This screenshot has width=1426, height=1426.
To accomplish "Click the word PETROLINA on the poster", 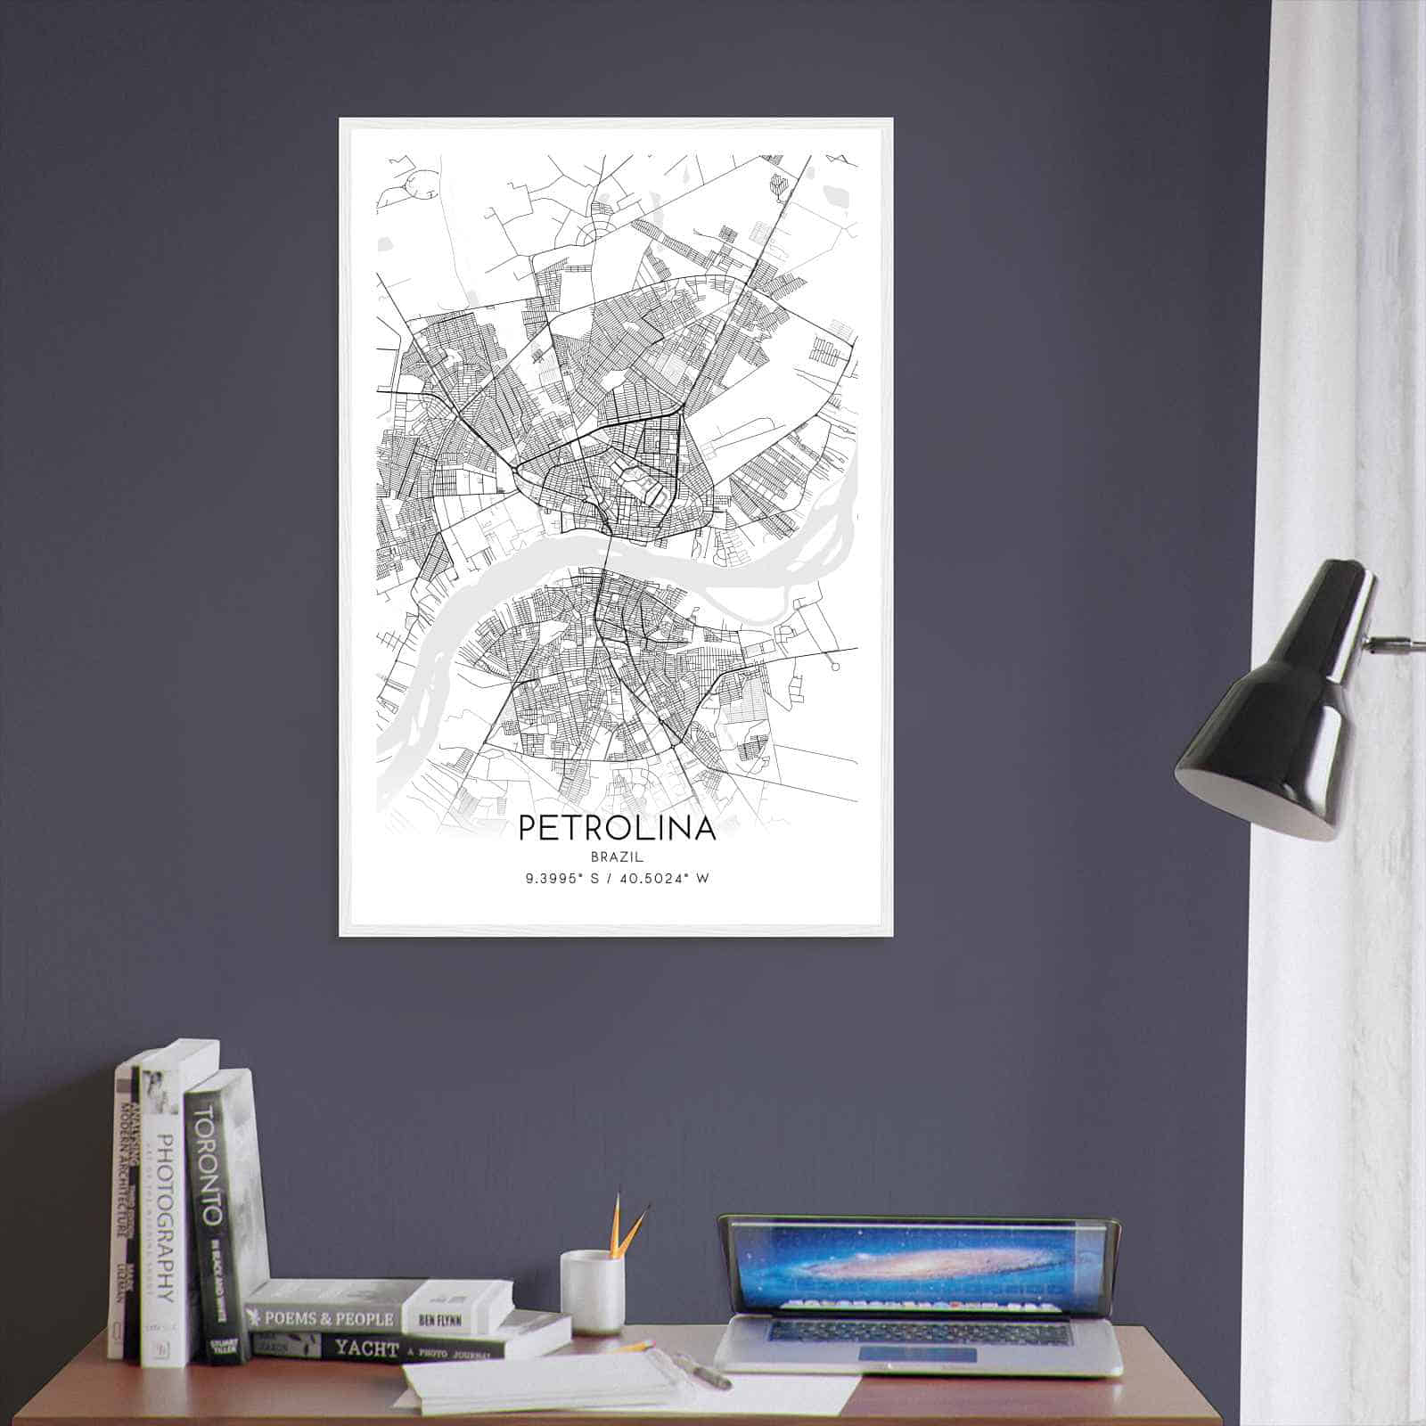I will pyautogui.click(x=616, y=828).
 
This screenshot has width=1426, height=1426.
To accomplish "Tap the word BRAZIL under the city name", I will pyautogui.click(x=616, y=856).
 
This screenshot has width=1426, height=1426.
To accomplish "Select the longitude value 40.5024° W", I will pyautogui.click(x=662, y=879).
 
